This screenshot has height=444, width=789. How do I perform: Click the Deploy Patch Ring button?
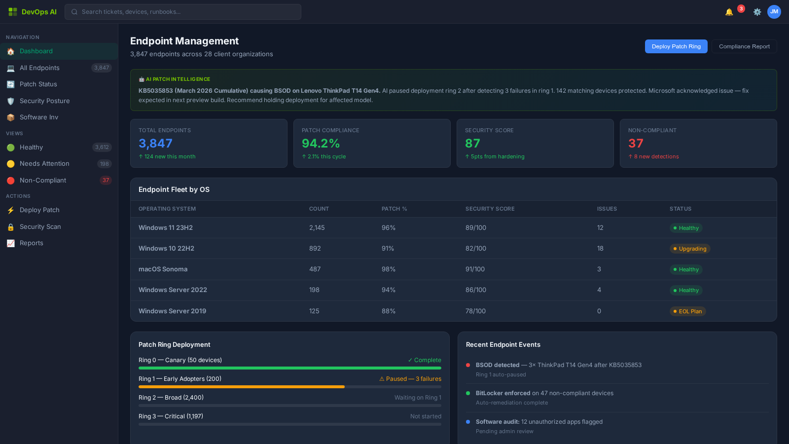(676, 46)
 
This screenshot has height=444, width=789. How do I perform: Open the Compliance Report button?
(744, 46)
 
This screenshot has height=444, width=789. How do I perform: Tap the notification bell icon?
(729, 12)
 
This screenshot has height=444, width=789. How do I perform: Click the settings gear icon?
(757, 12)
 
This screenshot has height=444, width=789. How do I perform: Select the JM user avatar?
(774, 12)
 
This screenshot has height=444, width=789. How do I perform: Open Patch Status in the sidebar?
(38, 84)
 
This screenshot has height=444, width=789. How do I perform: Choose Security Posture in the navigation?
(44, 101)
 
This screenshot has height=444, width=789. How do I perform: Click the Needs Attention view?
(44, 164)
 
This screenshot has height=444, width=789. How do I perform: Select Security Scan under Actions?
(40, 227)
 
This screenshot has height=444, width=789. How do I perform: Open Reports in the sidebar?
(32, 243)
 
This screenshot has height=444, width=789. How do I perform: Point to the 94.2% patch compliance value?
(321, 144)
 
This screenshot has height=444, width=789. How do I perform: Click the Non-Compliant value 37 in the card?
(636, 144)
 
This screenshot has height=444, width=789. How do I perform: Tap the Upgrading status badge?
(690, 249)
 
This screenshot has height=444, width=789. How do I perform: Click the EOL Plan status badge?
(688, 311)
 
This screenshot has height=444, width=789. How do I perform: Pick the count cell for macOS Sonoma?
(315, 269)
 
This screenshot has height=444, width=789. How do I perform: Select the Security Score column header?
(490, 209)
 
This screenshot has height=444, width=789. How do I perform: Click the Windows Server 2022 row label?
(173, 290)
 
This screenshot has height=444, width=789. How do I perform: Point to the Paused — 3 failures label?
(410, 379)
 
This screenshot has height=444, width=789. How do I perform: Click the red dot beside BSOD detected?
(468, 365)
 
